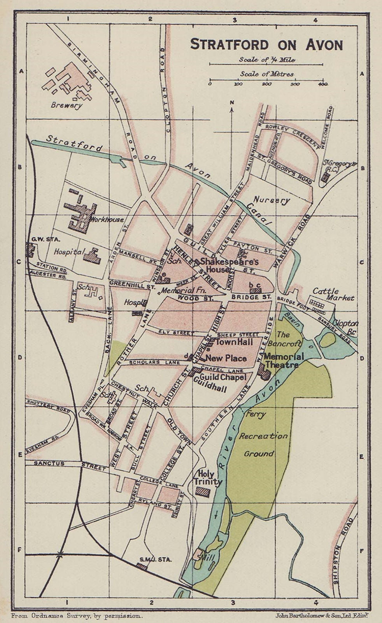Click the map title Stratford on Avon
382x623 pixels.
[x=266, y=44]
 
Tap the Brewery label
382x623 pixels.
[x=67, y=105]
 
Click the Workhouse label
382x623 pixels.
[x=107, y=219]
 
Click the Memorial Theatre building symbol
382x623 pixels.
[x=264, y=371]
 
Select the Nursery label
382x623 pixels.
[x=276, y=201]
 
